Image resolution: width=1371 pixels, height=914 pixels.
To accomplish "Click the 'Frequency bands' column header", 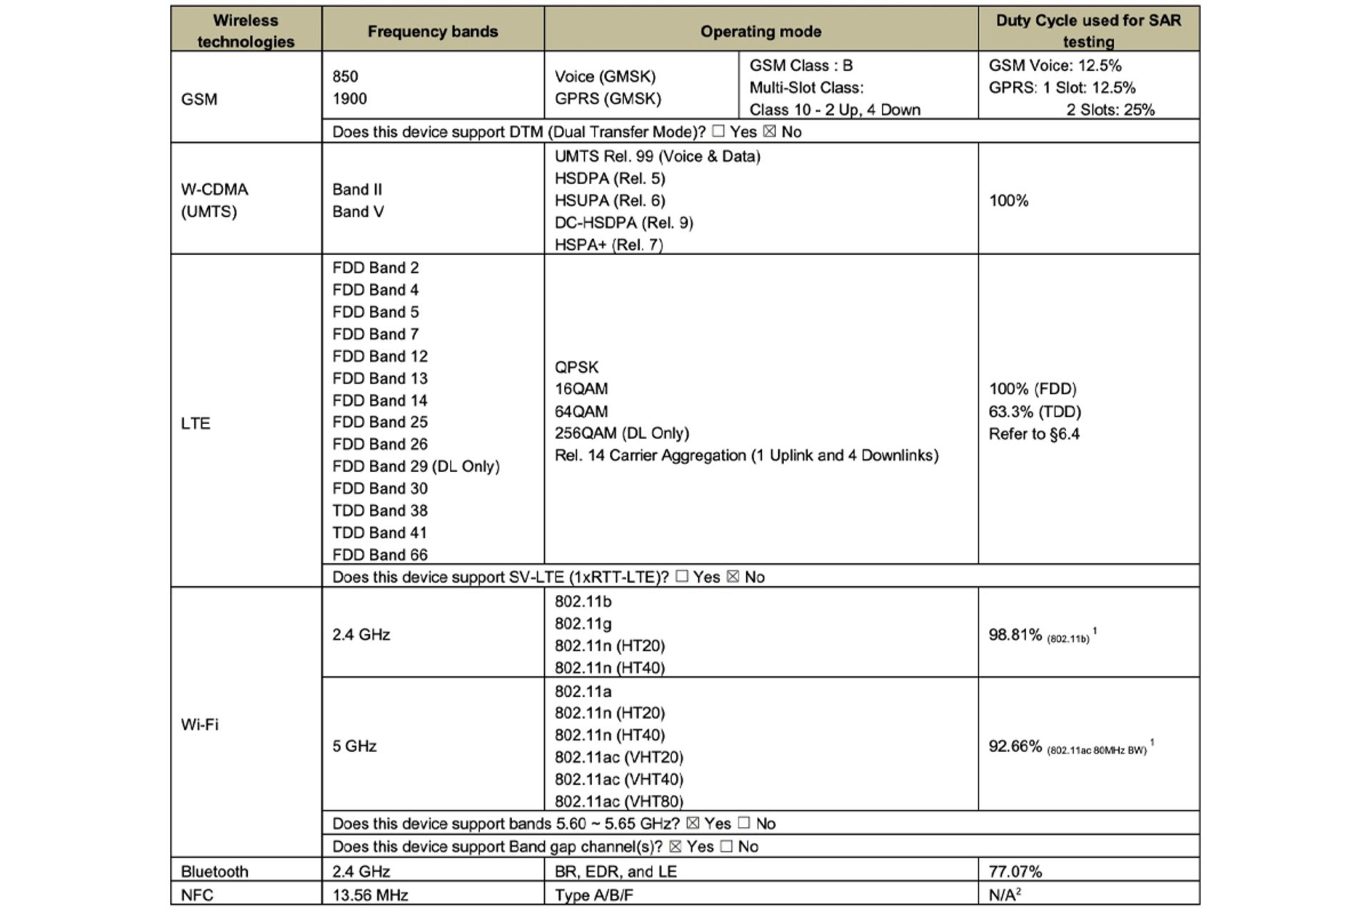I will pyautogui.click(x=432, y=31).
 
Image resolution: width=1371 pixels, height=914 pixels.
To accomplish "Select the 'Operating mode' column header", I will pyautogui.click(x=760, y=31).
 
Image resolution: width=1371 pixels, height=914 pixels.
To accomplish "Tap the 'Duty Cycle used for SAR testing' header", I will pyautogui.click(x=1088, y=31).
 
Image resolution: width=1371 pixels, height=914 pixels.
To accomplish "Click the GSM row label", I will pyautogui.click(x=199, y=99).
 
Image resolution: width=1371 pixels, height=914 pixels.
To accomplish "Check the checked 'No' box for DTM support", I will pyautogui.click(x=769, y=131).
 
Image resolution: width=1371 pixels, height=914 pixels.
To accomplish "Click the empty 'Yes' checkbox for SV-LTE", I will pyautogui.click(x=682, y=576).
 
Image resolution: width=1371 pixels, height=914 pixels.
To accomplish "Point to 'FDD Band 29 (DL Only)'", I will pyautogui.click(x=416, y=466).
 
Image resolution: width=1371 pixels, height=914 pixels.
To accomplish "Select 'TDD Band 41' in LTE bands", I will pyautogui.click(x=379, y=533).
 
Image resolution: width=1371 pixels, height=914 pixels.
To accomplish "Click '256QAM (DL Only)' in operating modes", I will pyautogui.click(x=621, y=433).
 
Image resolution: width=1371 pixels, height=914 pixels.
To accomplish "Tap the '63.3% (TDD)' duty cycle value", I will pyautogui.click(x=1035, y=411).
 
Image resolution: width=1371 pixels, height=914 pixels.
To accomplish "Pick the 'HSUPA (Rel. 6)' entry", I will pyautogui.click(x=609, y=201).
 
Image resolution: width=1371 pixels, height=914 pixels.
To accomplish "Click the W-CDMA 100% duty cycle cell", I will pyautogui.click(x=1008, y=201).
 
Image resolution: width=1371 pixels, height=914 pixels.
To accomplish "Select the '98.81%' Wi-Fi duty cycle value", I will pyautogui.click(x=1015, y=635).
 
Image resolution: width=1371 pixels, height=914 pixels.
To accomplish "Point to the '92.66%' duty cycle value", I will pyautogui.click(x=1015, y=746).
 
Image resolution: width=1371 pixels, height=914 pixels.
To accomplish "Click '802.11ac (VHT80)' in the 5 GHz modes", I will pyautogui.click(x=618, y=801).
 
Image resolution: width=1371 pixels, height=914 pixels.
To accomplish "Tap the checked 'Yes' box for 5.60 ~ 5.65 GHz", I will pyautogui.click(x=692, y=823).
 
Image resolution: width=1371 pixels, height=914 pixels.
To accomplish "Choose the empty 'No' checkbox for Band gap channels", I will pyautogui.click(x=726, y=846).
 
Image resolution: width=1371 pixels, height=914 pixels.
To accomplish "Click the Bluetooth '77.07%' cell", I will pyautogui.click(x=1015, y=871).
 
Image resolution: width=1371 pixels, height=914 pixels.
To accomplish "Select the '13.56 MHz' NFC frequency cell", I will pyautogui.click(x=370, y=895).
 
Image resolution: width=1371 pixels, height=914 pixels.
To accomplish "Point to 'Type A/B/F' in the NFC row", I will pyautogui.click(x=593, y=895).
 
